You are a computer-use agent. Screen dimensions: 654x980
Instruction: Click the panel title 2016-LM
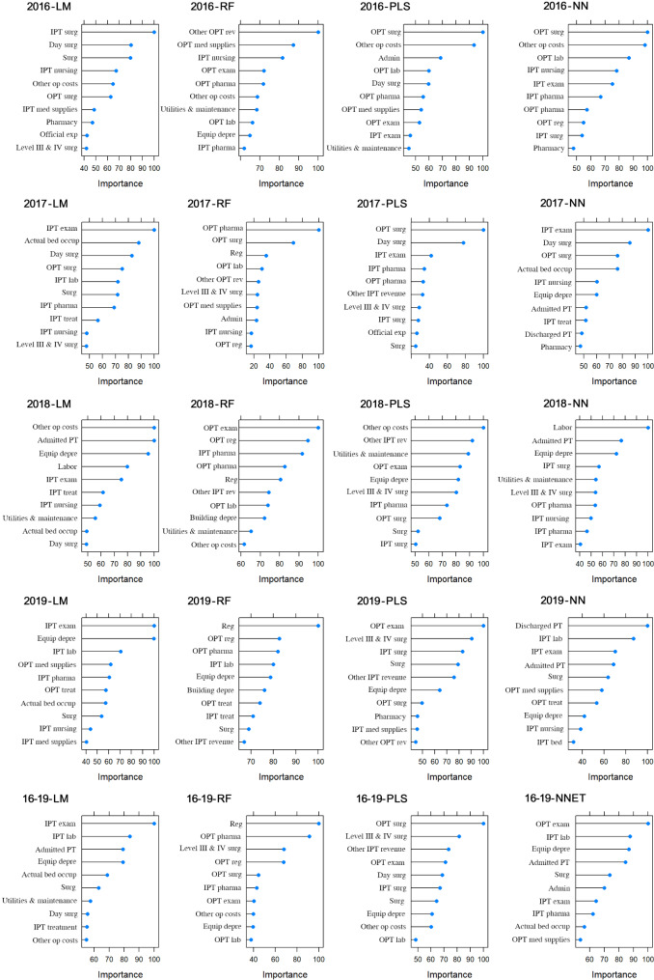coord(49,7)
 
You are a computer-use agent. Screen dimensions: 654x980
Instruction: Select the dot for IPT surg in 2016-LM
coord(154,32)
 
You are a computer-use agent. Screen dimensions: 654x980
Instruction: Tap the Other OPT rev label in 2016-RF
coord(212,32)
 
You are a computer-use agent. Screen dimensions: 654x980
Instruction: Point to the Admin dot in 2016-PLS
coord(441,58)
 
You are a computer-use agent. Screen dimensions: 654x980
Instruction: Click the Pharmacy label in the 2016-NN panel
coord(549,148)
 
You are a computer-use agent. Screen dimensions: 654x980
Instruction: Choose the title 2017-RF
coord(209,204)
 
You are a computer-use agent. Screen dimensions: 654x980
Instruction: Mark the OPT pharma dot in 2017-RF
coord(318,230)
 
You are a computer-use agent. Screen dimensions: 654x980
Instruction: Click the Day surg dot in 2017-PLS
coord(463,242)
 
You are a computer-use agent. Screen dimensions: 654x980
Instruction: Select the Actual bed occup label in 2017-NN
coord(544,268)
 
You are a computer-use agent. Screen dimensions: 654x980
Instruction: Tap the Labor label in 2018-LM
coord(68,466)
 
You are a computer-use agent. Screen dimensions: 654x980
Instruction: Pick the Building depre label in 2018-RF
coord(213,518)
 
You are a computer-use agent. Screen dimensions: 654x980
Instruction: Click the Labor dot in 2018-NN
coord(648,428)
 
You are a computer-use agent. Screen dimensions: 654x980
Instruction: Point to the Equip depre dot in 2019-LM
coord(153,639)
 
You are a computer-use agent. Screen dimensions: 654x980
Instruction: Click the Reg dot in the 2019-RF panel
coord(318,626)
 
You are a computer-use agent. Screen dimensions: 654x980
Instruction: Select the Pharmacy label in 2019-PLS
coord(390,716)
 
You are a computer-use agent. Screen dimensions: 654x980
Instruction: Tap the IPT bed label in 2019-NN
coord(550,742)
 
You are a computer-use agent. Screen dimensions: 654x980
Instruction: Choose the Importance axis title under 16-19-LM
coord(120,974)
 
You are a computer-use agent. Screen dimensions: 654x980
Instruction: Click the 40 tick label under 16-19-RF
coord(253,960)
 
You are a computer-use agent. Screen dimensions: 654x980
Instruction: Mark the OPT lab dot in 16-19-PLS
coord(415,940)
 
